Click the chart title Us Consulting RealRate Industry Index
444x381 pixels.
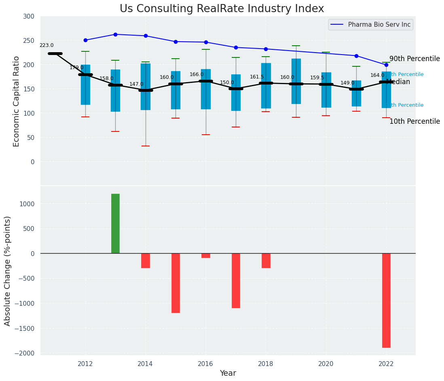[x=222, y=9]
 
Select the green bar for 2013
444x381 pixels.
[x=115, y=224]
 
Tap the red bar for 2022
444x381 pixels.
[x=386, y=300]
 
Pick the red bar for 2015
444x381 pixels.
[x=175, y=283]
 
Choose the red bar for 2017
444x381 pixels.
[x=236, y=280]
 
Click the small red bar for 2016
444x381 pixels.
[x=206, y=256]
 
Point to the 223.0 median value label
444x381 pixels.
[x=47, y=46]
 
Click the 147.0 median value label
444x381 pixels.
[x=136, y=84]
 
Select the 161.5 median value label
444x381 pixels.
[x=257, y=77]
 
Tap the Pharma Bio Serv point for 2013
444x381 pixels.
[x=115, y=34]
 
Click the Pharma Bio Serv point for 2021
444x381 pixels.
[x=356, y=56]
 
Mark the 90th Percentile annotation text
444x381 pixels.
[x=414, y=59]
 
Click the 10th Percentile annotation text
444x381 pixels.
[x=414, y=121]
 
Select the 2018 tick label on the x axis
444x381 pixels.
[x=266, y=364]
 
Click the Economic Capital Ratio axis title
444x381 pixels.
[x=17, y=101]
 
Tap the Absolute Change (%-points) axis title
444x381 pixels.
[x=8, y=271]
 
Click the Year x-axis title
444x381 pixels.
[x=228, y=373]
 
